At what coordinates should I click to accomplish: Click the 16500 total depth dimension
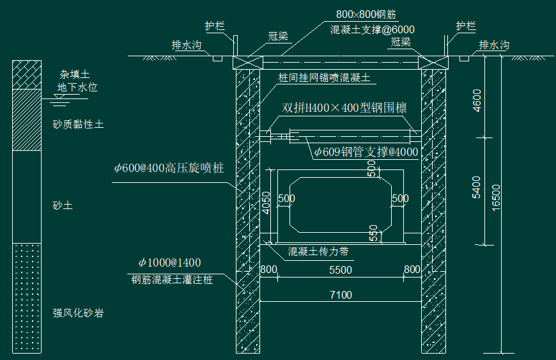pos(496,198)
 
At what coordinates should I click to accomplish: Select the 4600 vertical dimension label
pos(477,100)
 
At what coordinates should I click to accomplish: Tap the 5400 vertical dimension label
pos(477,187)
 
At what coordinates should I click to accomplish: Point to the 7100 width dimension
pos(341,295)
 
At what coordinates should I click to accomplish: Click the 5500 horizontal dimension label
pos(341,270)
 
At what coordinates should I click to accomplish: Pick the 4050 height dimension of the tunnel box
pos(266,203)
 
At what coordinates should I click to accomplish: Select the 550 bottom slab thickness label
pos(373,233)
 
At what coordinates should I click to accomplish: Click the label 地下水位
pos(77,87)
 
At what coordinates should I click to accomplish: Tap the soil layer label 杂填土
pos(75,74)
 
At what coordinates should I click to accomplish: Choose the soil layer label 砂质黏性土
pos(79,125)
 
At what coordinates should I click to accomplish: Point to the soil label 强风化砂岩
pos(79,313)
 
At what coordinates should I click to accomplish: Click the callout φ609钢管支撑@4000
pos(366,152)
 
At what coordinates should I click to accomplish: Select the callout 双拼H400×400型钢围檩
pos(344,108)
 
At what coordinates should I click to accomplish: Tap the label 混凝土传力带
pos(318,251)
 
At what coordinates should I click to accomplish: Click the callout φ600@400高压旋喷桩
pos(169,168)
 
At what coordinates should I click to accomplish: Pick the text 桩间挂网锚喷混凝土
pos(325,77)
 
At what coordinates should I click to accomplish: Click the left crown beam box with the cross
pos(248,63)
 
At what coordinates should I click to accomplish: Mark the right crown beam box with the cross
pos(433,63)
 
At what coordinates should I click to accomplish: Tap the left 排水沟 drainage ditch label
pos(187,45)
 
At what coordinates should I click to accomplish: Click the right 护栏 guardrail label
pos(466,26)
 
